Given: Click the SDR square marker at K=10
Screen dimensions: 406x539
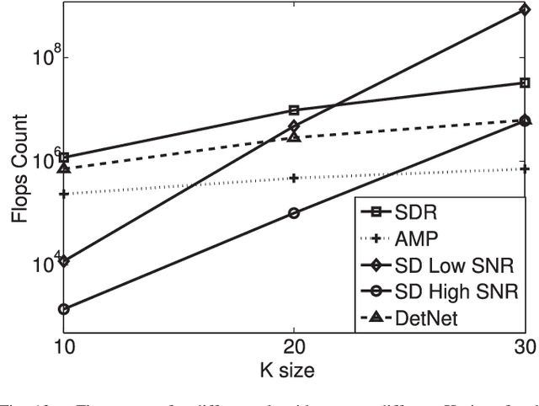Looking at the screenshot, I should pyautogui.click(x=64, y=158).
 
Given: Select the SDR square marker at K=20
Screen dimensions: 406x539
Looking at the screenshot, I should pyautogui.click(x=294, y=110).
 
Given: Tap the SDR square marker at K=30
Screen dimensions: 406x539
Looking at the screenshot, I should pyautogui.click(x=525, y=83).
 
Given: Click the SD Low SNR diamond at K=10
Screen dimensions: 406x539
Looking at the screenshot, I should pyautogui.click(x=64, y=261).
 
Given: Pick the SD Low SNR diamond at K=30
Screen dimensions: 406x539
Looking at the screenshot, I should pyautogui.click(x=525, y=10).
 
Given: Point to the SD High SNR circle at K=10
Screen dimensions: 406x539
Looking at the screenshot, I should pyautogui.click(x=64, y=309).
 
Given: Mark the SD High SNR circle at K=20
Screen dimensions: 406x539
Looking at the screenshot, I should pyautogui.click(x=294, y=213).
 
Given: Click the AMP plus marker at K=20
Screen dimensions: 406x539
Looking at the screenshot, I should pyautogui.click(x=294, y=178).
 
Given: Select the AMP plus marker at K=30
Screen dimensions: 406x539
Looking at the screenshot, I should pyautogui.click(x=525, y=168).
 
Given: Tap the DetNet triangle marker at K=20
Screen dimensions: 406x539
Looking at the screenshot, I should pyautogui.click(x=294, y=136).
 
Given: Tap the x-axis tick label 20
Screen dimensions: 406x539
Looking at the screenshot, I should pyautogui.click(x=294, y=347).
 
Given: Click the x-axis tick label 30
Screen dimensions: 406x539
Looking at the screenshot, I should pyautogui.click(x=522, y=347).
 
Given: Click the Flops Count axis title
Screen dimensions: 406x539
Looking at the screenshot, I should pyautogui.click(x=18, y=168).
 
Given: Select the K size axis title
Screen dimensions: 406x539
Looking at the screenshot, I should pyautogui.click(x=294, y=368).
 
